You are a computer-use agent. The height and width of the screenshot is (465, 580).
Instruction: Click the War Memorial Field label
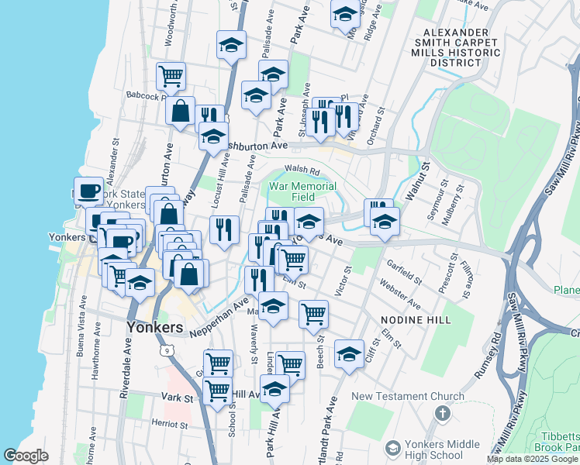point(302,191)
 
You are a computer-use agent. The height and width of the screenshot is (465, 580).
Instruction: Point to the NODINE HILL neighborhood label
point(415,319)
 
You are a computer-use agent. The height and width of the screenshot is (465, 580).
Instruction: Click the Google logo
point(26,456)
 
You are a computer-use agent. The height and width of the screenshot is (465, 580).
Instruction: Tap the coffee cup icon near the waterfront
point(89,190)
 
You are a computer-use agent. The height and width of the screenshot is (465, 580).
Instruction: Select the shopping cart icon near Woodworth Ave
point(170,76)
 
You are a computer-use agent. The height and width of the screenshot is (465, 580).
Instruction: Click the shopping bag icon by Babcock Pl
point(181,112)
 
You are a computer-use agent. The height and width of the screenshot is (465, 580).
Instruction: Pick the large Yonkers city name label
point(154,327)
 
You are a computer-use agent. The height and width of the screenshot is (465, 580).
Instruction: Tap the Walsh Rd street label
point(302,169)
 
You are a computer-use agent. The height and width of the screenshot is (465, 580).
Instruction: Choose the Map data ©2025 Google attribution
point(533,459)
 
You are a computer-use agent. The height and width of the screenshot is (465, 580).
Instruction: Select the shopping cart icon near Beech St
point(313,313)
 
